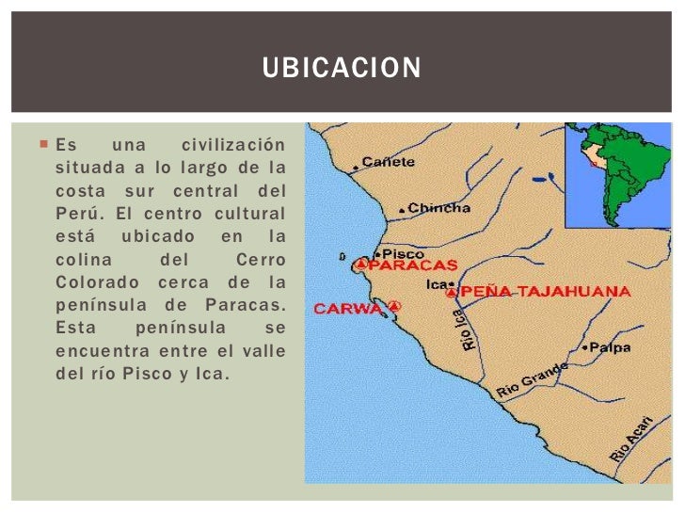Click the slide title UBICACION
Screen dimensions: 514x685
click(x=342, y=70)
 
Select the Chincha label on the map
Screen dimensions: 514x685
click(x=439, y=207)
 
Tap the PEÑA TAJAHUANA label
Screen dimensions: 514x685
click(x=545, y=292)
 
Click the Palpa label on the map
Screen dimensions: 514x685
click(x=611, y=346)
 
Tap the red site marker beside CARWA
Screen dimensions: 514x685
click(x=394, y=306)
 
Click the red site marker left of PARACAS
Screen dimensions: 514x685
click(x=359, y=266)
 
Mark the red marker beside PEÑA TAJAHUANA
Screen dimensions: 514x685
click(x=451, y=293)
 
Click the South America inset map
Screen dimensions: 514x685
click(x=617, y=175)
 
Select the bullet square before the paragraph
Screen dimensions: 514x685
click(x=43, y=145)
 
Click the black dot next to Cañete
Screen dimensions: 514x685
click(x=356, y=168)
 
